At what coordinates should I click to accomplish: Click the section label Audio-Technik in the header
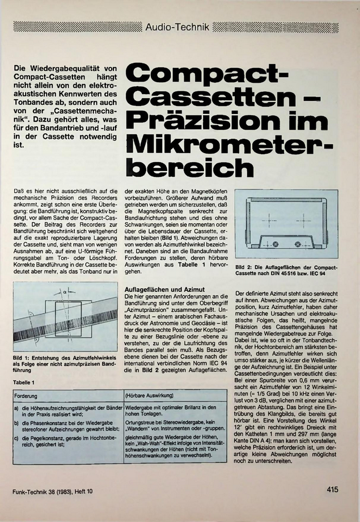[177, 27]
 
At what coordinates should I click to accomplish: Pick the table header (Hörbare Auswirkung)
[149, 394]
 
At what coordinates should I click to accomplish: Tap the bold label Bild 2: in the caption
[244, 267]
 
